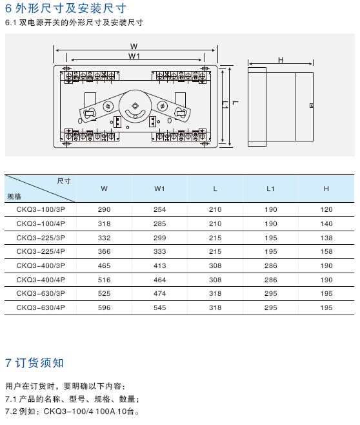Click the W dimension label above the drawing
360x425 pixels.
pyautogui.click(x=134, y=46)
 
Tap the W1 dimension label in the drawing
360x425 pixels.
pyautogui.click(x=134, y=56)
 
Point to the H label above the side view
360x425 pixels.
pyautogui.click(x=281, y=60)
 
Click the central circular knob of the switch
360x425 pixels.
pyautogui.click(x=135, y=106)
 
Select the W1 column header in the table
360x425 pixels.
pyautogui.click(x=159, y=189)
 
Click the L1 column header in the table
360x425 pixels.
pyautogui.click(x=270, y=189)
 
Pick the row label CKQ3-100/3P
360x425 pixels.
pyautogui.click(x=41, y=209)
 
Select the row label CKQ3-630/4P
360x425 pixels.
pyautogui.click(x=41, y=307)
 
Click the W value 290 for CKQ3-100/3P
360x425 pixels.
pyautogui.click(x=105, y=209)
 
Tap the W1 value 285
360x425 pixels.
pyautogui.click(x=160, y=223)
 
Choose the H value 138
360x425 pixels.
pyautogui.click(x=326, y=238)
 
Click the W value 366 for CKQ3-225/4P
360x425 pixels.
pyautogui.click(x=105, y=251)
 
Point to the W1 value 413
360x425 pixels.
pyautogui.click(x=160, y=265)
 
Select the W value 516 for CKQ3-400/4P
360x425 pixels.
pyautogui.click(x=105, y=280)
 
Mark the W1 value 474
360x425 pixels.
pyautogui.click(x=160, y=293)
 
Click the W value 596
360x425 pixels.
pyautogui.click(x=105, y=307)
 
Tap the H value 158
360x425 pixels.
pyautogui.click(x=326, y=251)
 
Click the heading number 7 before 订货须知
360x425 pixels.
pyautogui.click(x=8, y=363)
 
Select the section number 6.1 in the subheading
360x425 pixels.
pyautogui.click(x=11, y=23)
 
